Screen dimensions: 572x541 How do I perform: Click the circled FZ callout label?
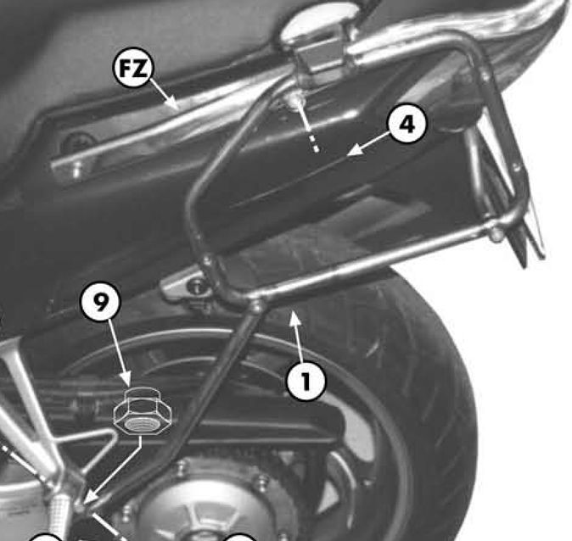point(132,68)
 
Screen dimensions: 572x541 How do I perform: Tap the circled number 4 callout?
point(407,124)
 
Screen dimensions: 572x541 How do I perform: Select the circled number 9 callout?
point(101,301)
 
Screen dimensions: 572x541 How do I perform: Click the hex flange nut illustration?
point(143,412)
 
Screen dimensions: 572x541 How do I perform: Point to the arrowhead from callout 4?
point(354,150)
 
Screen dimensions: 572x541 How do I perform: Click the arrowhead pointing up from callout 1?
point(295,317)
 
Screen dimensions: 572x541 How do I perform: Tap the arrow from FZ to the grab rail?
point(164,93)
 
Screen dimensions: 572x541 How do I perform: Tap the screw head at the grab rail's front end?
point(76,169)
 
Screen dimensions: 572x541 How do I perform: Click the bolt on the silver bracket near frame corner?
point(198,284)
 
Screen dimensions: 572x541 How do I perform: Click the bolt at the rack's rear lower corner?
point(495,233)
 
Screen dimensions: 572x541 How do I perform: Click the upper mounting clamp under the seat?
point(321,54)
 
